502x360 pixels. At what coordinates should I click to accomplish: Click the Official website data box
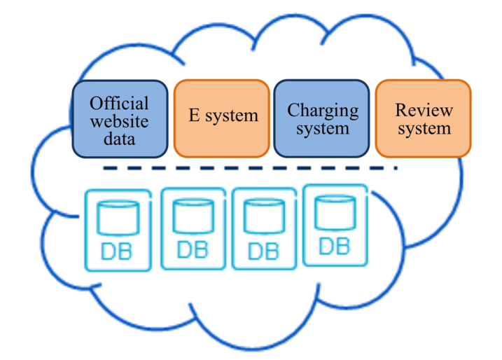coord(120,119)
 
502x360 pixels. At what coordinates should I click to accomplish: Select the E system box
coord(221,118)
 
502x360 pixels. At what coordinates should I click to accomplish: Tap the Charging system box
coord(322,118)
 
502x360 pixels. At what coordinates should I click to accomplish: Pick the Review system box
coord(423,118)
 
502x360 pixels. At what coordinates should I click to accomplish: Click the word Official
coord(119,103)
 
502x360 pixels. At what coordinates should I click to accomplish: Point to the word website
coord(120,121)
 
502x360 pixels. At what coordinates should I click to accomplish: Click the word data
coord(120,139)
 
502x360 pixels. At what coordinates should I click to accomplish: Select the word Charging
coord(323,111)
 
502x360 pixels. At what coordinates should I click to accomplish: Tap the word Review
coord(424,110)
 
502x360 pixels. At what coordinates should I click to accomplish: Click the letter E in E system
coord(195,115)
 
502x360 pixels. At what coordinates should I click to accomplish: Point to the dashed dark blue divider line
coord(251,168)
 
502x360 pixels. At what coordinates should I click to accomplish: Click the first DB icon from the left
coord(118,230)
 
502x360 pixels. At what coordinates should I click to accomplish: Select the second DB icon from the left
coord(193,229)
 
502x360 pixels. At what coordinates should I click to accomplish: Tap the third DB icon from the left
coord(264,229)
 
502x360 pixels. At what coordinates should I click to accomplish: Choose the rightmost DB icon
coord(335,226)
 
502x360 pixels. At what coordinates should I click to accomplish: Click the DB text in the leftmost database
coord(116,251)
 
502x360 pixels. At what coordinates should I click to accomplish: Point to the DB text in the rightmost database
coord(334,247)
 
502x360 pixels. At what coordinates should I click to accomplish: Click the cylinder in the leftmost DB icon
coord(118,218)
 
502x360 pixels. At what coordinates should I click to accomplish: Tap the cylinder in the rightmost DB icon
coord(335,212)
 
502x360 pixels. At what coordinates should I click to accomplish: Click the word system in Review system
coord(424,129)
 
